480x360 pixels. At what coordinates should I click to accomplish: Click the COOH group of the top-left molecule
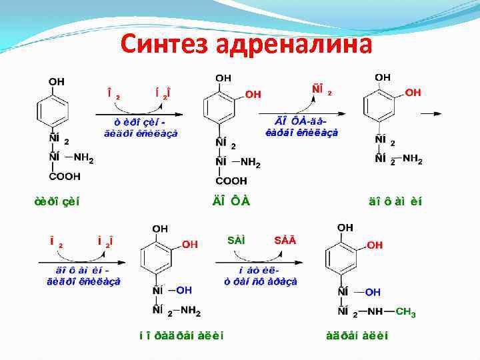[64, 177]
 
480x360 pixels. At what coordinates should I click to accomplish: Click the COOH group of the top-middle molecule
[231, 181]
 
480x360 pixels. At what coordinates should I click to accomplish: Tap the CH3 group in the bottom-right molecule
[405, 312]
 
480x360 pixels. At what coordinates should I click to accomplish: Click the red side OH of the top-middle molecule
[253, 95]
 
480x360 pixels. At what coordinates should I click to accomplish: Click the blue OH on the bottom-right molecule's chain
[373, 292]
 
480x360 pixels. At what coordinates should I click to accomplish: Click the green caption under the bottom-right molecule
[363, 336]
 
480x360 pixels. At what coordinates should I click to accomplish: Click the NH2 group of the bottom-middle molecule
[190, 311]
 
